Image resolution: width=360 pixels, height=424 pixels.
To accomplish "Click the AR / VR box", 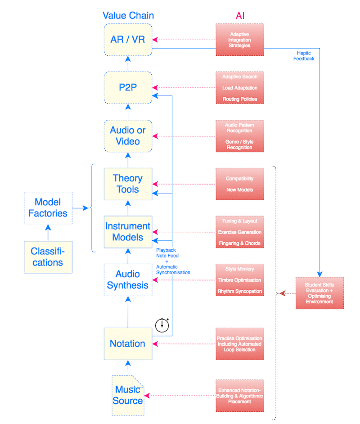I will point(128,40).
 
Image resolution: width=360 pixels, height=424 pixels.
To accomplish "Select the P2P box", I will point(128,87).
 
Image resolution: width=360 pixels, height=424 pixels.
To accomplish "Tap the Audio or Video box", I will point(128,135).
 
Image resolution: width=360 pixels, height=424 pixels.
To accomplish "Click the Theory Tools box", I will point(128,184).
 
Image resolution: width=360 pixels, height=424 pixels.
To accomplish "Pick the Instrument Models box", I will point(128,232).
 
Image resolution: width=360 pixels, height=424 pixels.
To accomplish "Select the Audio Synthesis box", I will point(128,280).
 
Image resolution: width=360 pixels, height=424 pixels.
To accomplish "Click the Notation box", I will point(128,343).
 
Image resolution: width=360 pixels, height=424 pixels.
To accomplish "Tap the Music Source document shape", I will point(128,395).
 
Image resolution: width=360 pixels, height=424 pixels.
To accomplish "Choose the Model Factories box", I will point(48,207).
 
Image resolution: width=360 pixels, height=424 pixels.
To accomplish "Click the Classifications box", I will point(48,257).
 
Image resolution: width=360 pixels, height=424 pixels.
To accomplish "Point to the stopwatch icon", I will point(162,325).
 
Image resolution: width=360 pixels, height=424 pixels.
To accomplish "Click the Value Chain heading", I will point(128,15).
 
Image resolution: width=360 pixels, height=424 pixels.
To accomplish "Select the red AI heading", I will point(240,16).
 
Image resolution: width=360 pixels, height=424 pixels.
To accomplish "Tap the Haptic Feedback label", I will point(304,56).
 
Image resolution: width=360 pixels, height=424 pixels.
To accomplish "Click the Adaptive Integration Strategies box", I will point(240,40).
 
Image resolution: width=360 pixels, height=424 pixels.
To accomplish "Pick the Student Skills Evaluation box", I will point(319,293).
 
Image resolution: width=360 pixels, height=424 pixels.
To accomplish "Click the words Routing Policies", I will point(240,99).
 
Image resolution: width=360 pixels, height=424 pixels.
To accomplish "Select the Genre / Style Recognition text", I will point(240,144).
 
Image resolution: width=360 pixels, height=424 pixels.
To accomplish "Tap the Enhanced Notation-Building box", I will point(240,395).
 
